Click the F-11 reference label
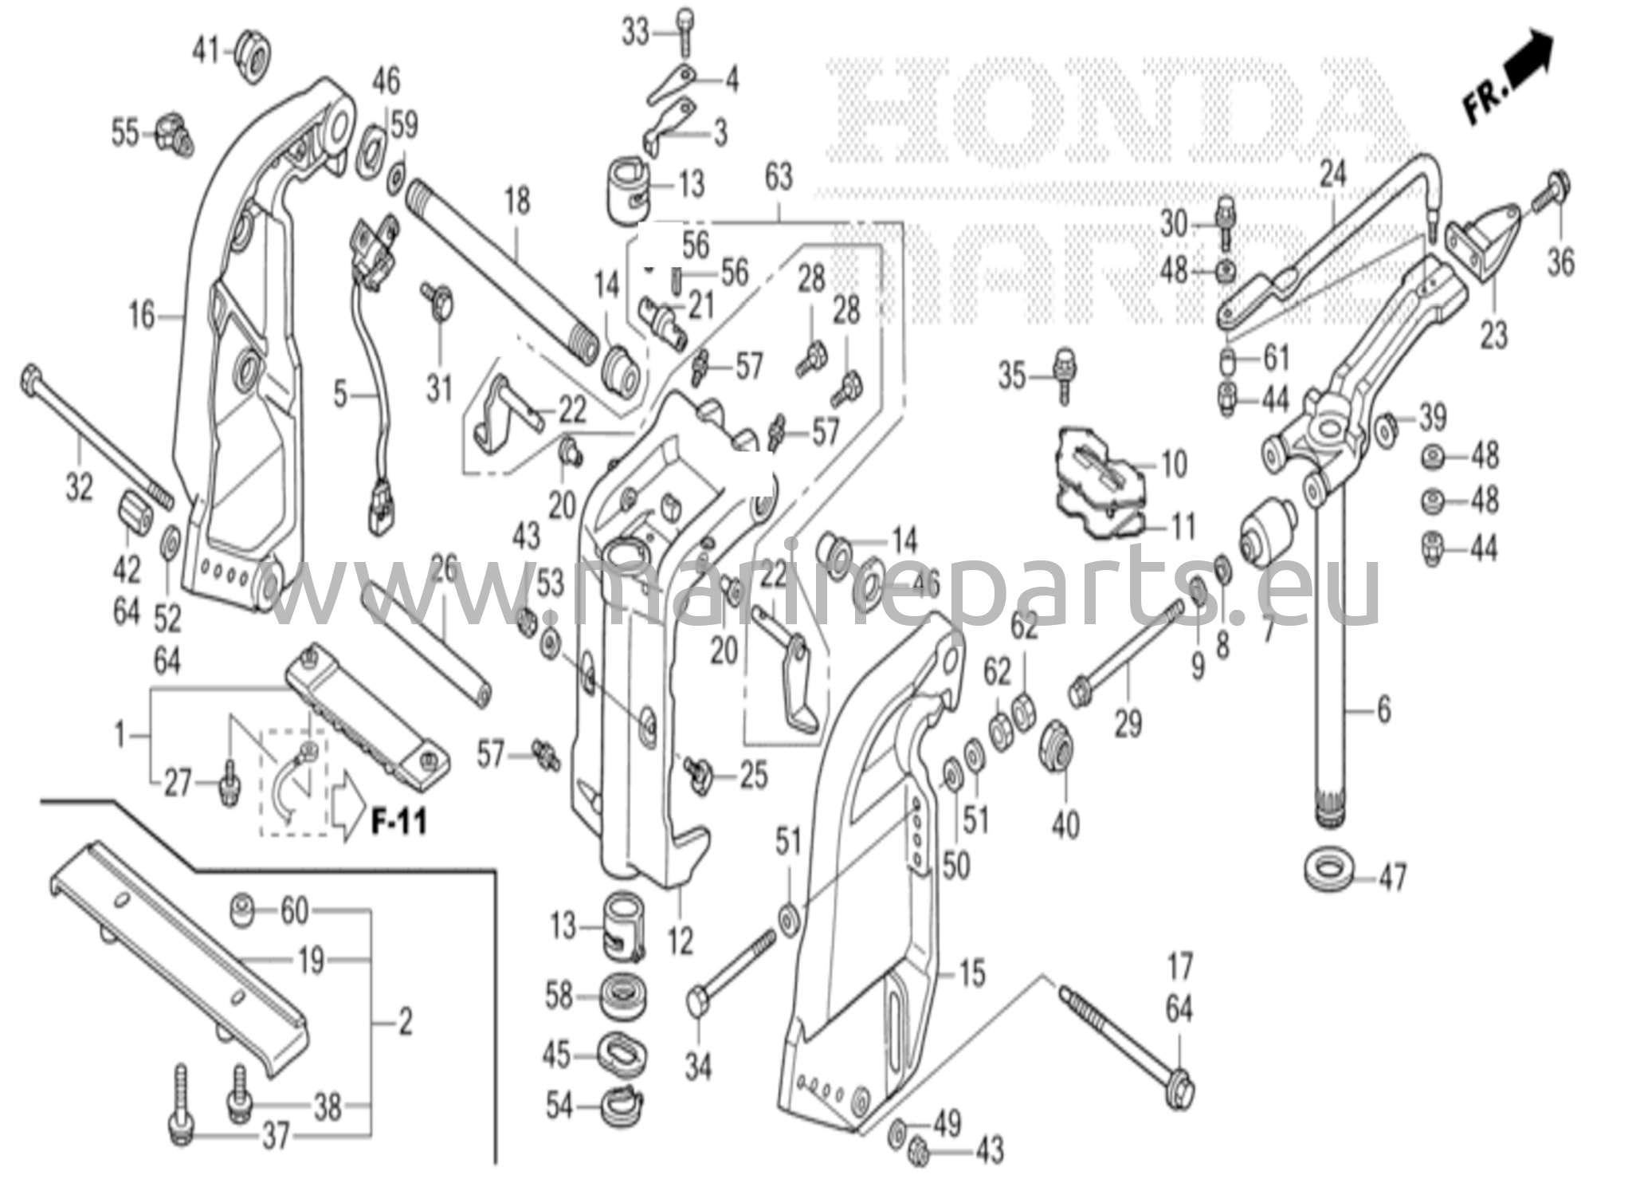(399, 821)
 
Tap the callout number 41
(206, 53)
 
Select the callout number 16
(142, 316)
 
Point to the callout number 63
(778, 176)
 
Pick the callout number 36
(1559, 261)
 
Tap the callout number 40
(1065, 823)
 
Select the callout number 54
(559, 1106)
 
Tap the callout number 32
(79, 487)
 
